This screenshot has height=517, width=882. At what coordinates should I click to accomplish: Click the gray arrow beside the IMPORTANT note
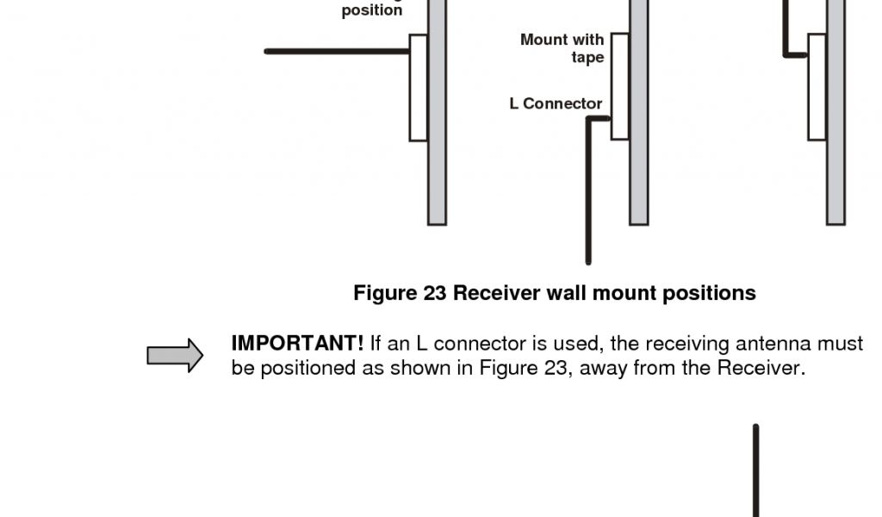click(175, 355)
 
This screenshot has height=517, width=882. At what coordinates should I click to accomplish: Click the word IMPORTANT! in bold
click(297, 343)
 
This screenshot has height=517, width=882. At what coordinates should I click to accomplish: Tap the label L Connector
click(556, 103)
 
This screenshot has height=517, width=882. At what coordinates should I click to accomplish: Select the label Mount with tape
click(563, 48)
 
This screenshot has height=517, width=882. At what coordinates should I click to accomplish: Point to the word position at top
click(371, 11)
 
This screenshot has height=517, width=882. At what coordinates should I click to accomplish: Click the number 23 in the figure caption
click(434, 293)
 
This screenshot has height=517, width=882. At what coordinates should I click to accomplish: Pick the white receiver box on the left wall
click(419, 87)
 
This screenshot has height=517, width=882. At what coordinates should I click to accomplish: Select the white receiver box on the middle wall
click(619, 85)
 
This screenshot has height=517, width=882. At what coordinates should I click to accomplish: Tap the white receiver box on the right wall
click(817, 86)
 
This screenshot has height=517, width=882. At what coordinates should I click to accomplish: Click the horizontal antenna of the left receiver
click(337, 52)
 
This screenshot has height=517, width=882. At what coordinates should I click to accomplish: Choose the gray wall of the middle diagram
click(638, 172)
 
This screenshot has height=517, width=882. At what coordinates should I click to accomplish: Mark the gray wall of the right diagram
click(835, 172)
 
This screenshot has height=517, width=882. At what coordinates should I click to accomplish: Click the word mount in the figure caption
click(627, 293)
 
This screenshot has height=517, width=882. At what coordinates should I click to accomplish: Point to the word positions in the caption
click(709, 294)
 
